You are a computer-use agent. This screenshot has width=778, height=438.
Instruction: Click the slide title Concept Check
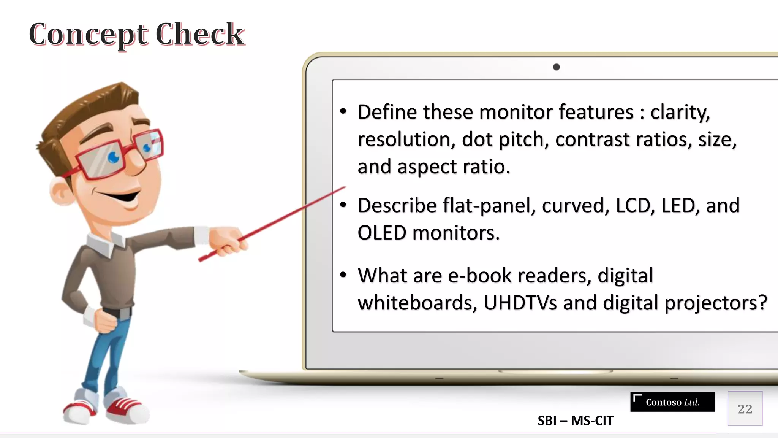coord(137,35)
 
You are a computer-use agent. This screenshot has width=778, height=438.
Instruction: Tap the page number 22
coord(745,409)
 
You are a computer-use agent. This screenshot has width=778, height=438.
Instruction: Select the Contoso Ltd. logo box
coord(672,402)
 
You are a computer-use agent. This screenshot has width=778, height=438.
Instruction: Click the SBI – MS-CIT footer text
coord(575,421)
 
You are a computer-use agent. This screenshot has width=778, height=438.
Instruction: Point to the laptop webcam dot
coord(556,67)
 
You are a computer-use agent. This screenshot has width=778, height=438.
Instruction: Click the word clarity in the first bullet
coord(680,113)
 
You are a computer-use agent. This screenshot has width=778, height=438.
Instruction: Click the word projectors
coord(716,303)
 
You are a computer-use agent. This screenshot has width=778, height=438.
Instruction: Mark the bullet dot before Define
coord(343,111)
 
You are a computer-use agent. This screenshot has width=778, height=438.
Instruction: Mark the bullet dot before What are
coord(343,275)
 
